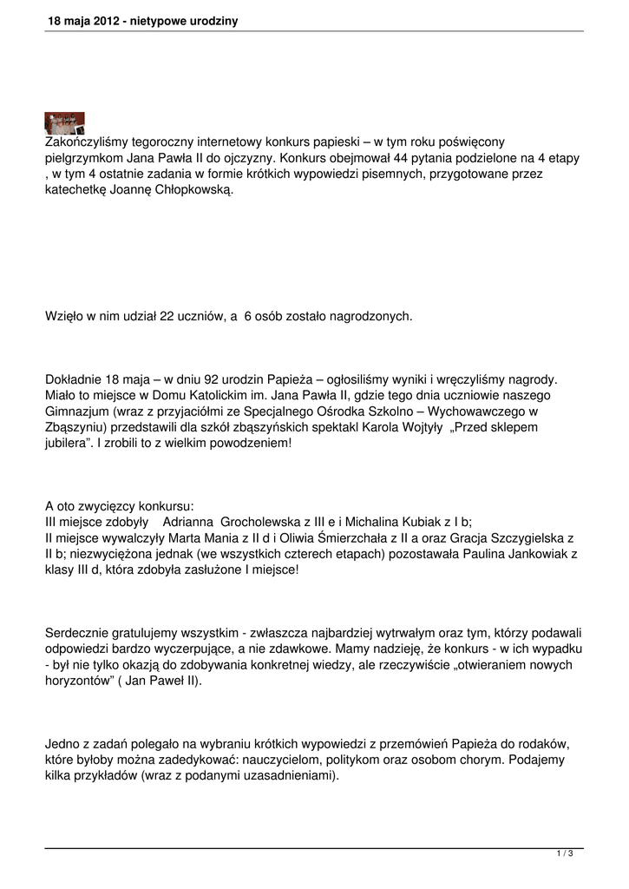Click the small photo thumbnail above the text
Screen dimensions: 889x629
tap(64, 123)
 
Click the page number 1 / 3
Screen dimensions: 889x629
tap(565, 854)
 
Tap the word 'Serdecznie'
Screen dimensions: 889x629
tap(78, 633)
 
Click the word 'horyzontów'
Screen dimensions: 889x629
tap(80, 681)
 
